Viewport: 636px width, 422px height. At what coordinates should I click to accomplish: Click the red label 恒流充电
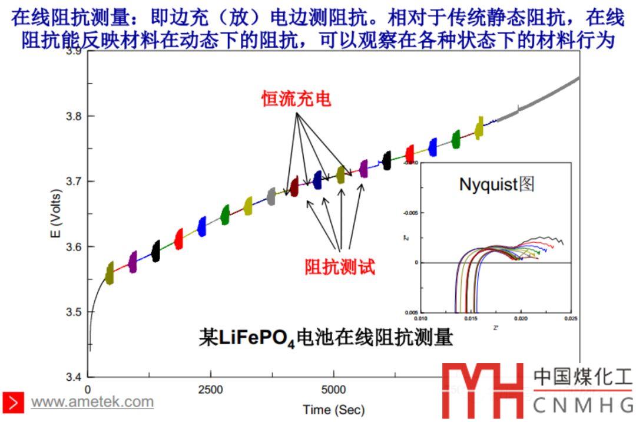click(x=296, y=99)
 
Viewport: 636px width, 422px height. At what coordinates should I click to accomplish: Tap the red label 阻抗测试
click(x=340, y=267)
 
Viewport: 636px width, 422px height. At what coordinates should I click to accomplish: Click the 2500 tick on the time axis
click(x=210, y=390)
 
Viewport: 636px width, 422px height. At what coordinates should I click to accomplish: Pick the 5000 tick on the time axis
click(x=333, y=390)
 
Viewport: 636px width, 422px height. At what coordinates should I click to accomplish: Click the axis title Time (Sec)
click(x=333, y=409)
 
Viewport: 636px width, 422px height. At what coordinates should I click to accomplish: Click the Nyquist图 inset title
click(x=496, y=184)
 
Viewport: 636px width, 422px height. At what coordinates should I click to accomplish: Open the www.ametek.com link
click(x=92, y=402)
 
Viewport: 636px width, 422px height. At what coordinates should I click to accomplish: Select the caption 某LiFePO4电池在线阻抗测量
click(x=326, y=338)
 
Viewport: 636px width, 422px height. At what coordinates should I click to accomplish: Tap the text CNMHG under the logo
click(x=582, y=405)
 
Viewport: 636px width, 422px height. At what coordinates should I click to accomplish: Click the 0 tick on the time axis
click(x=88, y=390)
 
